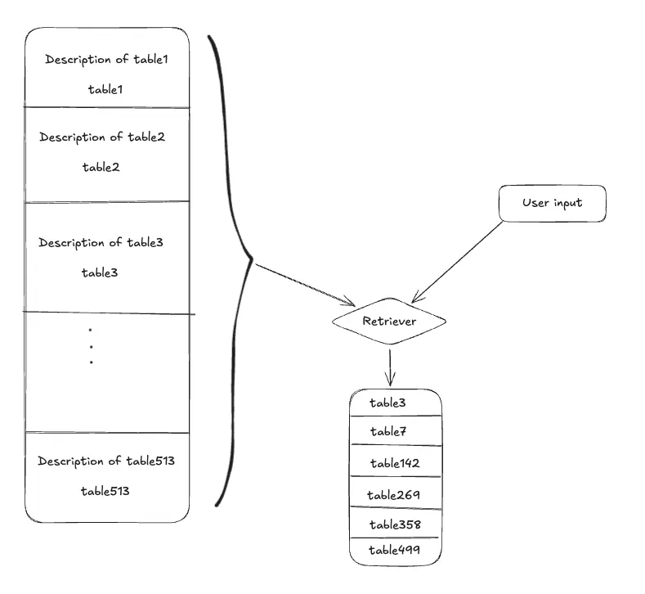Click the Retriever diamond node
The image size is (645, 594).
tap(389, 322)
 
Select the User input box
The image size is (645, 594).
tap(553, 203)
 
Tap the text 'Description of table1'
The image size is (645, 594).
tap(106, 60)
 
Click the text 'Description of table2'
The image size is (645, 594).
tap(102, 137)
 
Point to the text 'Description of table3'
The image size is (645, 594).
tap(101, 242)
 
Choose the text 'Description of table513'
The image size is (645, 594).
tap(106, 461)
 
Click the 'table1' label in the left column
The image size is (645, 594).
tap(105, 89)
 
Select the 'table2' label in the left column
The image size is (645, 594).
tap(101, 167)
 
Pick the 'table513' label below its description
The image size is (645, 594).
tap(105, 491)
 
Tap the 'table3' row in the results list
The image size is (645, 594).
tap(387, 403)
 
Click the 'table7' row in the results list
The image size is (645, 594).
tap(388, 431)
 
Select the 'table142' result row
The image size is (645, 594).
tap(394, 463)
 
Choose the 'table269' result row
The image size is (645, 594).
tap(393, 494)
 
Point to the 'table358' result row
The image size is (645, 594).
tap(394, 524)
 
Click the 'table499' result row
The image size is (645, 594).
tap(394, 550)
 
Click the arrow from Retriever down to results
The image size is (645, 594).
tap(390, 367)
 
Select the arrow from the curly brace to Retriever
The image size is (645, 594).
tap(304, 283)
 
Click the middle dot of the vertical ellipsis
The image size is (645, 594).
tap(91, 346)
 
